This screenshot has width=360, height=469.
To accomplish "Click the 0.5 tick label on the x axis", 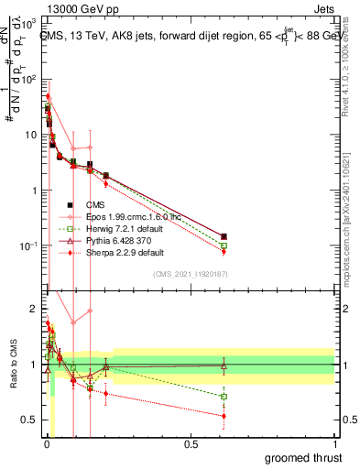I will (191, 444).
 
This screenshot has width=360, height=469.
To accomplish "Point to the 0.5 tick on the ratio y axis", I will (30, 420).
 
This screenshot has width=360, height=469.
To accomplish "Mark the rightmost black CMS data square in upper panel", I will (224, 236).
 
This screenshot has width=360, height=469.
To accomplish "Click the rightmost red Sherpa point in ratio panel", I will (224, 416).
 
